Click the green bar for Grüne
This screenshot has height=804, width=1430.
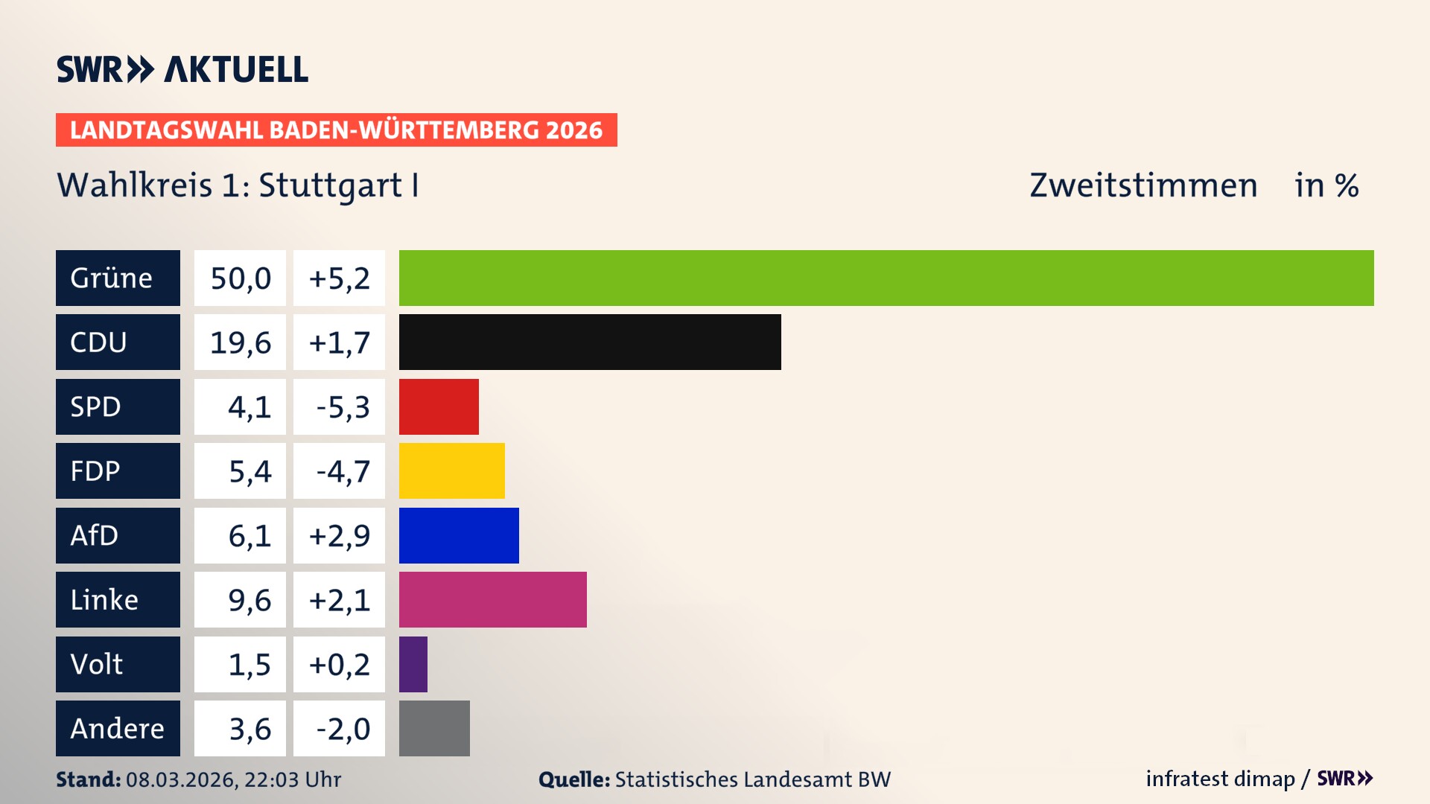[886, 278]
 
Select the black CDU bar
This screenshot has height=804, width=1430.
[590, 342]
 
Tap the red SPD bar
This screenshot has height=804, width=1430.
[439, 406]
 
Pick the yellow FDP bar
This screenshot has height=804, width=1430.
[451, 470]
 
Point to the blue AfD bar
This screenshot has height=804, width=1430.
[459, 535]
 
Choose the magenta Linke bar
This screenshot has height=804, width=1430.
[492, 599]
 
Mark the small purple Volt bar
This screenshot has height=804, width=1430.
[413, 664]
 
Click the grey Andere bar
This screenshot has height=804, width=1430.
[434, 728]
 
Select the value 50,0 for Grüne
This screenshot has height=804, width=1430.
[241, 278]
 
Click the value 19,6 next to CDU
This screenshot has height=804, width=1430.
[241, 342]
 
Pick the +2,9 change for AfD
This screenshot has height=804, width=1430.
[340, 536]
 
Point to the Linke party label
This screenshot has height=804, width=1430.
[104, 600]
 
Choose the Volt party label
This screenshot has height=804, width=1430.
[97, 664]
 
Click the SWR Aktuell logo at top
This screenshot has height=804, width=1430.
[182, 69]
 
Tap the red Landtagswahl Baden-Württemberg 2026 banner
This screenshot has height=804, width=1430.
[336, 130]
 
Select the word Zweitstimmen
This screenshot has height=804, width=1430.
[1143, 185]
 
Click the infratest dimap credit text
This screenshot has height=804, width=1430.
[1220, 779]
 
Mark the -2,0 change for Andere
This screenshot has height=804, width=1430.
[343, 729]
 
